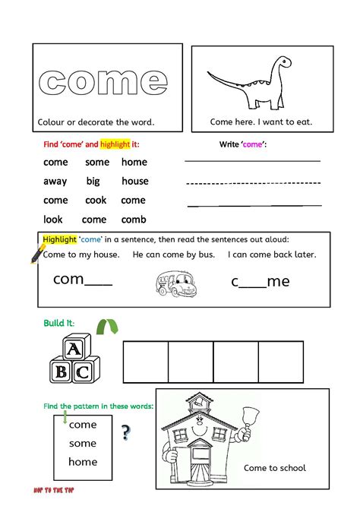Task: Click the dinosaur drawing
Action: point(250,82)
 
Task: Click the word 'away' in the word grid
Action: point(55,181)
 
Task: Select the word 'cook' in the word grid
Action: point(96,200)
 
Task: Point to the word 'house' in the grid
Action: point(134,181)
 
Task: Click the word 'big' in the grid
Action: point(93,181)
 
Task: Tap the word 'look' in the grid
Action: point(53,219)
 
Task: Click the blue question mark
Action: point(125,433)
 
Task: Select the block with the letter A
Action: point(73,349)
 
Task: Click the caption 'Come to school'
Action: point(274,468)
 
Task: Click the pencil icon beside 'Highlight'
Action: point(37,253)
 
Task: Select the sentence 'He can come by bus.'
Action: point(173,254)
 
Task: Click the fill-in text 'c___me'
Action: point(261,281)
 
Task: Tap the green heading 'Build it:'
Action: point(59,324)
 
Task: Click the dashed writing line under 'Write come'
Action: point(254,183)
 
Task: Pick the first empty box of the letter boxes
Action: point(145,362)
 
